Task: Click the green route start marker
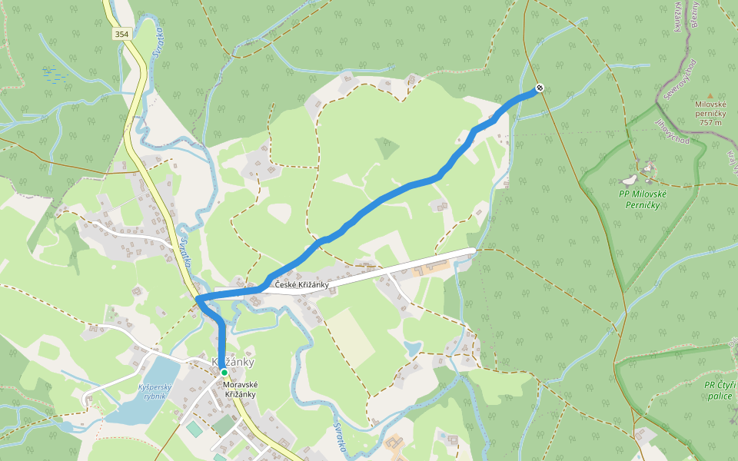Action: click(224, 372)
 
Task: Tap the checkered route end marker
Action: click(540, 88)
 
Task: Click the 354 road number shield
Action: click(121, 35)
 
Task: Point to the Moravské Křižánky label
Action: click(240, 390)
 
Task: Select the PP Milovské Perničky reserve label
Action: click(642, 199)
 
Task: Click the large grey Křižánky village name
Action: click(232, 362)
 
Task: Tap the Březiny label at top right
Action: click(696, 14)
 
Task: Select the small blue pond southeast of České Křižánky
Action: click(413, 348)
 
